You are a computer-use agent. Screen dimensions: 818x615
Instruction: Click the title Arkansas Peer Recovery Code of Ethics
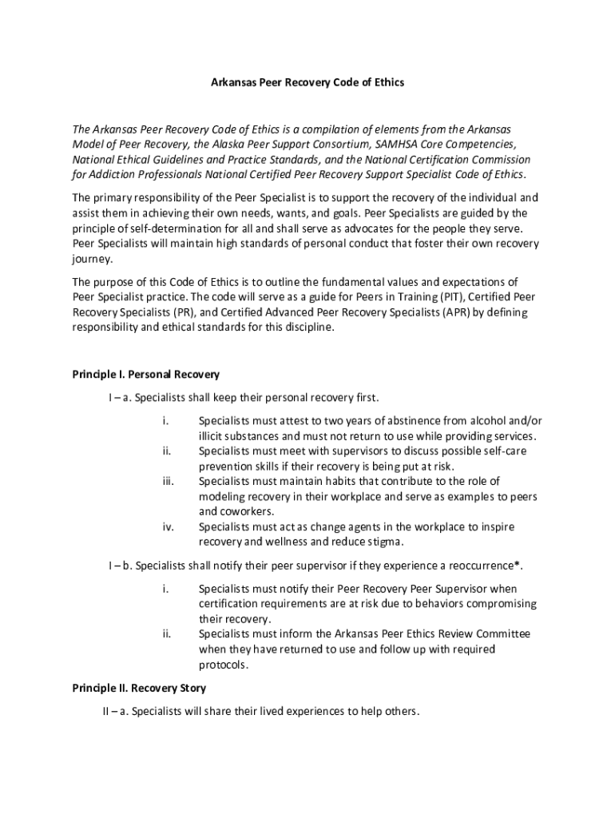tap(307, 82)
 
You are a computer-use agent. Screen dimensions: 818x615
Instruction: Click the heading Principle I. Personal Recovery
tap(145, 374)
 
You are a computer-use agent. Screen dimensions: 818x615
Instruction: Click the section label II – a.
tap(105, 711)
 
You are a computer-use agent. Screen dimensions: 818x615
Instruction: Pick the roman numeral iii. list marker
tap(167, 481)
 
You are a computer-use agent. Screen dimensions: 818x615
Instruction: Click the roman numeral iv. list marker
tap(168, 527)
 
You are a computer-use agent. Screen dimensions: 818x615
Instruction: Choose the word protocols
tap(225, 665)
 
